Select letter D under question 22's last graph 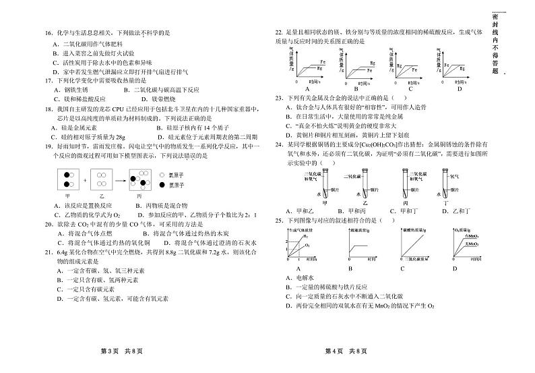pyautogui.click(x=460, y=89)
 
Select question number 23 pyautogui.click(x=278, y=98)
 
